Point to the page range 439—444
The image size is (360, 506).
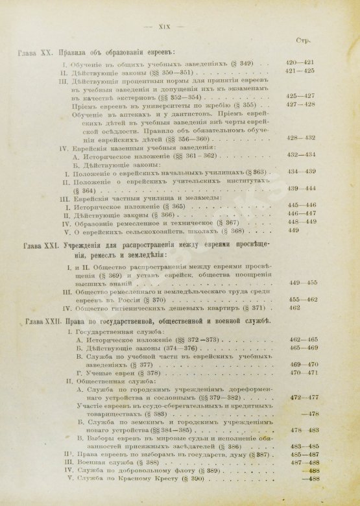click(302, 187)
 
